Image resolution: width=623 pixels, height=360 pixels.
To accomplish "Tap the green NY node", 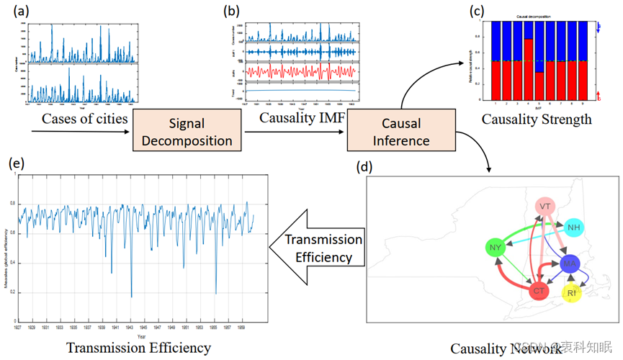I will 494,249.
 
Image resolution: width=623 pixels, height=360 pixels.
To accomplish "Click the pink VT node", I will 545,207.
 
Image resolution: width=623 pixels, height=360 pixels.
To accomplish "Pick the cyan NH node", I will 574,228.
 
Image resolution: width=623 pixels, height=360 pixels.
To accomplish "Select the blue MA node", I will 570,264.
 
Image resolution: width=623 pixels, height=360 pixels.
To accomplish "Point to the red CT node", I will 538,291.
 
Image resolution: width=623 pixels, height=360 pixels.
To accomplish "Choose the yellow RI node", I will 571,294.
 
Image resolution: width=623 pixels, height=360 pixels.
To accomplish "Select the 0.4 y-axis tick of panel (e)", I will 11,262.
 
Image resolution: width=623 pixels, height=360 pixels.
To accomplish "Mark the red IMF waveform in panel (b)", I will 301,72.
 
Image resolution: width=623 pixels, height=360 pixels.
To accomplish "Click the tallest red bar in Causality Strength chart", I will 529,69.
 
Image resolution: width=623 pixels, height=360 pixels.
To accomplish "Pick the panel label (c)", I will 476,11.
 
